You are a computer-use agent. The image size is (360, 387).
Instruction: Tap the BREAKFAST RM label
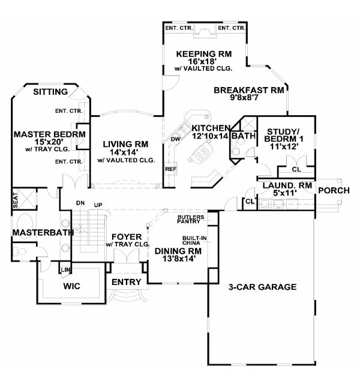pyautogui.click(x=248, y=91)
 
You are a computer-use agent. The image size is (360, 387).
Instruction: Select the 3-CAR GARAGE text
pyautogui.click(x=263, y=287)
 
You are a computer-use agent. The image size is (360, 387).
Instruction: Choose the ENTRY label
pyautogui.click(x=127, y=281)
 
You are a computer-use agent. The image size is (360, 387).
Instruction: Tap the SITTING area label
pyautogui.click(x=50, y=92)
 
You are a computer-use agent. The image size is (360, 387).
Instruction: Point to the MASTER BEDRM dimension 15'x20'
pyautogui.click(x=49, y=142)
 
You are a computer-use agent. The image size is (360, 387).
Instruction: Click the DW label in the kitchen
pyautogui.click(x=176, y=140)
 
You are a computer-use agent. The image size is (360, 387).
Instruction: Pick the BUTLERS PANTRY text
pyautogui.click(x=191, y=218)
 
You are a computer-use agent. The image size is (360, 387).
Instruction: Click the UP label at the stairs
pyautogui.click(x=98, y=205)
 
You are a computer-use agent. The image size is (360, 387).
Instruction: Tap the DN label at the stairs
pyautogui.click(x=80, y=203)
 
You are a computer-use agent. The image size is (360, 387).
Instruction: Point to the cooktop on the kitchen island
pyautogui.click(x=202, y=154)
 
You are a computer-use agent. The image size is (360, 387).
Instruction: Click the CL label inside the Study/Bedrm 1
pyautogui.click(x=296, y=169)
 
